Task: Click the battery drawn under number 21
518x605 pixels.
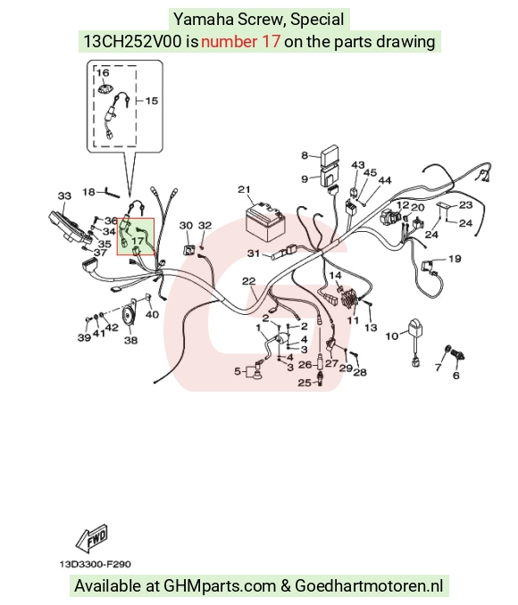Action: tap(266, 219)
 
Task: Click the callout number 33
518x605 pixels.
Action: tap(64, 196)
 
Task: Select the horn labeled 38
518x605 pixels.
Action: tap(128, 315)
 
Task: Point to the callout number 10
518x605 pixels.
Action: tap(392, 336)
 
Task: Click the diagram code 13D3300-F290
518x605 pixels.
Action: tap(95, 564)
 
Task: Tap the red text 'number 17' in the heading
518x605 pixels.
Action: tap(240, 41)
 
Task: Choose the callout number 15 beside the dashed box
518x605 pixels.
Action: tap(152, 101)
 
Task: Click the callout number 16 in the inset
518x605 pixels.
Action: tap(103, 72)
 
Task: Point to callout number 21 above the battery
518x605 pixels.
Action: tap(244, 189)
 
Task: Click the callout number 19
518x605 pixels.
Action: tap(455, 259)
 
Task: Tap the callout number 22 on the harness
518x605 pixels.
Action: tap(249, 281)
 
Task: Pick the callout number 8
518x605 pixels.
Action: tap(305, 155)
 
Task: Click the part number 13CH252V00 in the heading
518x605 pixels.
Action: tap(132, 41)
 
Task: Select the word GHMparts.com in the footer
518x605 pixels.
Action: tap(220, 585)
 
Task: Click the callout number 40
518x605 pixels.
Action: tap(152, 314)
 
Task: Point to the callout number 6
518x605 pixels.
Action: tap(456, 376)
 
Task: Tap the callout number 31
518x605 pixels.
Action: tap(254, 253)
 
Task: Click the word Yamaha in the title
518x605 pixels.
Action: tap(204, 20)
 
